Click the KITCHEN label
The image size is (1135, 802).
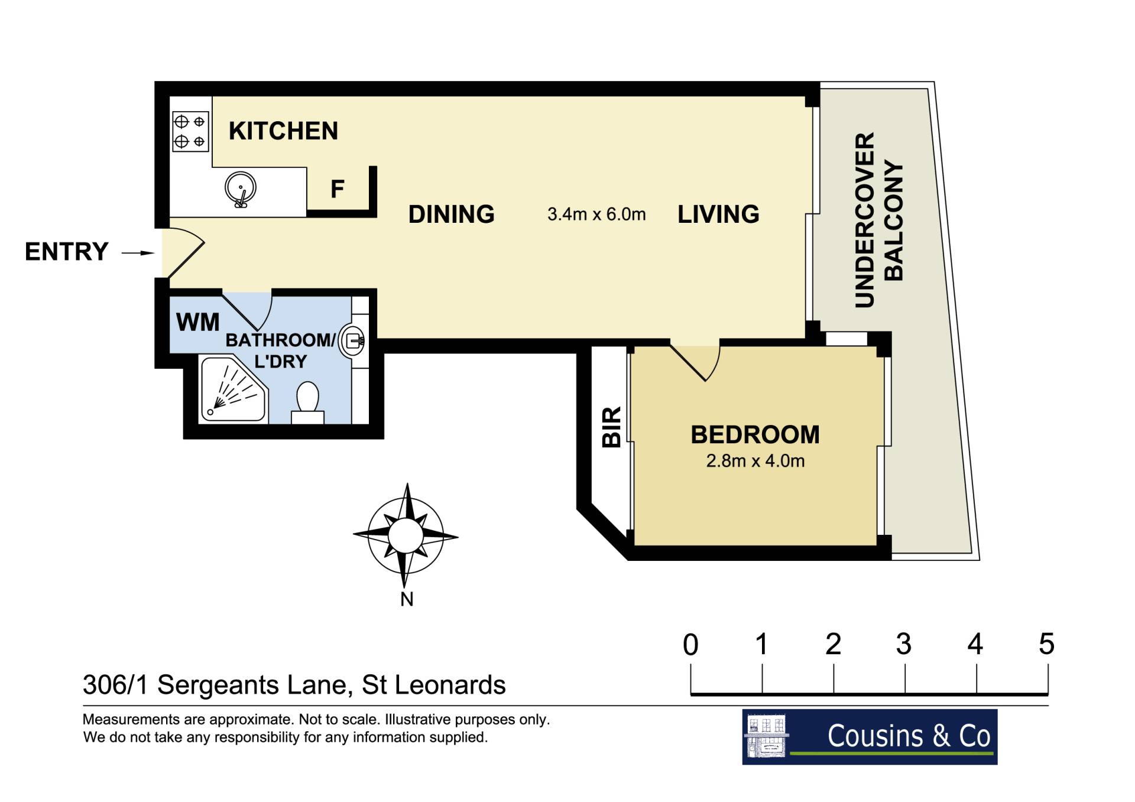(283, 131)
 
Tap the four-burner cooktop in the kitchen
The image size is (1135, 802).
(190, 132)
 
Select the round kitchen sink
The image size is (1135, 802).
(241, 189)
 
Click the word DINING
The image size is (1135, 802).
(452, 215)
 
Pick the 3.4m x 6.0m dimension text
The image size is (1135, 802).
(596, 214)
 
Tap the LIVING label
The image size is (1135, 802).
(718, 215)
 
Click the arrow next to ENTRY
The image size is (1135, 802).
(138, 253)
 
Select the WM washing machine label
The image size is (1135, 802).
(198, 323)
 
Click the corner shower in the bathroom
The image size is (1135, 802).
(234, 388)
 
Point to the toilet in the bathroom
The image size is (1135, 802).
(307, 402)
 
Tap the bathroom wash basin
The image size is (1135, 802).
(352, 341)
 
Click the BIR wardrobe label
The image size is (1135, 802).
(611, 427)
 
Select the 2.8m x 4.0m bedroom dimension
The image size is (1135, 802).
(755, 461)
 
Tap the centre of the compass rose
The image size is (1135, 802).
(406, 536)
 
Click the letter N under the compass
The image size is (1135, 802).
(407, 599)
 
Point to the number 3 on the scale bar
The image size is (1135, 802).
(904, 644)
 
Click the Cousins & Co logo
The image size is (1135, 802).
(870, 737)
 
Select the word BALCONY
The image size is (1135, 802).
(893, 220)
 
